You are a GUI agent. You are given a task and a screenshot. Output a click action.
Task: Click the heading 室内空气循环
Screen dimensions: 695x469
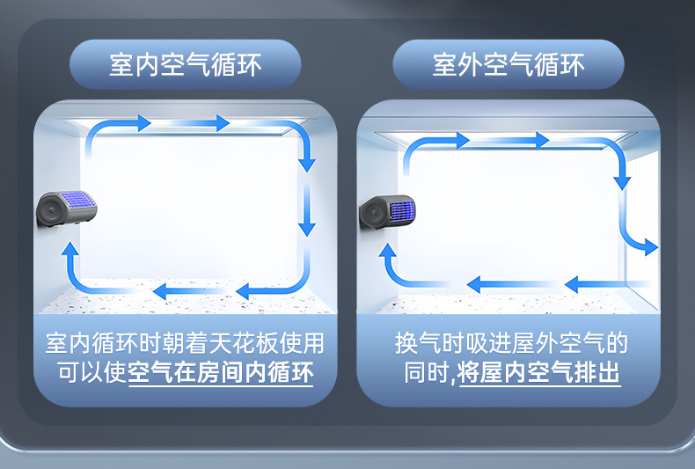pos(185,64)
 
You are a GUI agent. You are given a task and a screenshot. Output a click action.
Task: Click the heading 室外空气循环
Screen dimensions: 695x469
pos(508,64)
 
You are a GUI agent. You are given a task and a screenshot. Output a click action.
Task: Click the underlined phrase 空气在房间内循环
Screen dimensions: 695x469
pos(221,373)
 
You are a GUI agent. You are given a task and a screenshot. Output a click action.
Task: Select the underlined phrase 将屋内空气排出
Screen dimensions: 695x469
pos(538,373)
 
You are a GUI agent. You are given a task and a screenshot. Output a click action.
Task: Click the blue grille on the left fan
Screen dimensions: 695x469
pos(78,202)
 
